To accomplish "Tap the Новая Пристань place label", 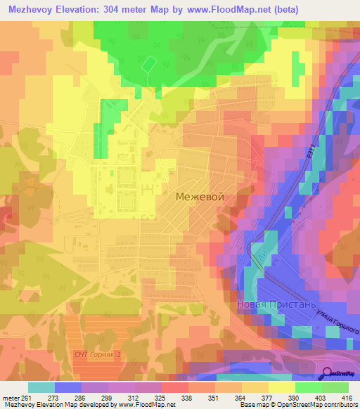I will pos(271,306).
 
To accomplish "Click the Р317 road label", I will pos(310,161).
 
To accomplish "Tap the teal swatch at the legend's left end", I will pos(41,387).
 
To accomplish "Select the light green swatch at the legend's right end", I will pos(335,387).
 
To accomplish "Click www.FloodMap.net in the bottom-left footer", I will pos(146,405).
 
